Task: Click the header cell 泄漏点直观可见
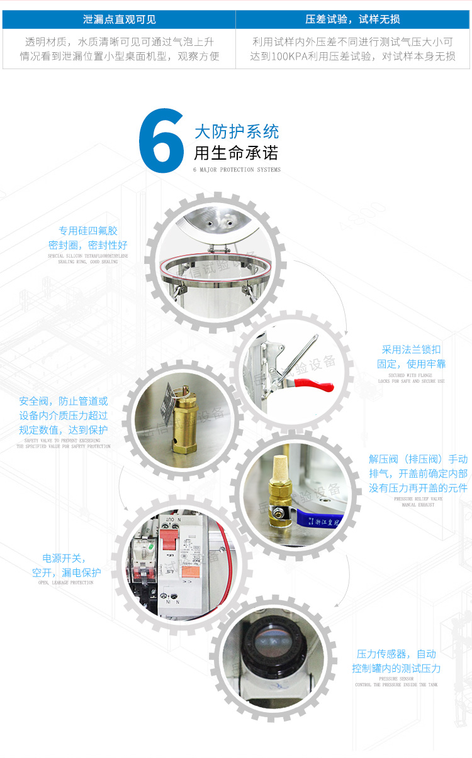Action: pos(119,19)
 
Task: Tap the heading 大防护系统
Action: pos(237,132)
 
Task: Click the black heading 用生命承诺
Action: pos(236,153)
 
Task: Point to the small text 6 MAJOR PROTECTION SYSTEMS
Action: pos(237,170)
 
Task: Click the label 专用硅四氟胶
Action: pos(88,231)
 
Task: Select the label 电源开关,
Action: pos(64,558)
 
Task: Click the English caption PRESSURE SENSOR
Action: pos(396,679)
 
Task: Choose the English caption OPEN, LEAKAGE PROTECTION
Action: pos(65,583)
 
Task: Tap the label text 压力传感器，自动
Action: pos(396,654)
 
